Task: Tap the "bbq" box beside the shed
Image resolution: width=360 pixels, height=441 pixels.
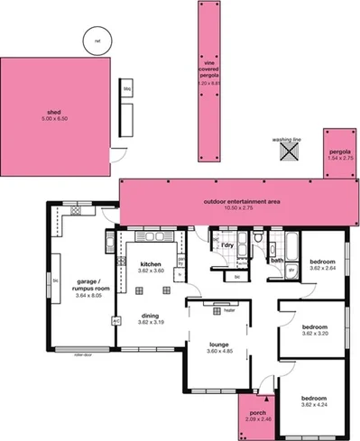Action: click(x=127, y=89)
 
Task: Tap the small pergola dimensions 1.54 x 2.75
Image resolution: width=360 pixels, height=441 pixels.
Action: click(x=339, y=158)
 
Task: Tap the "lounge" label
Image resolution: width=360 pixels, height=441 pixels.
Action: click(x=219, y=345)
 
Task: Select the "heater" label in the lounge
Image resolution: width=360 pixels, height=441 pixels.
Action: click(x=217, y=308)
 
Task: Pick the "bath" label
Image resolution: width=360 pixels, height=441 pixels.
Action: click(x=278, y=262)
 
